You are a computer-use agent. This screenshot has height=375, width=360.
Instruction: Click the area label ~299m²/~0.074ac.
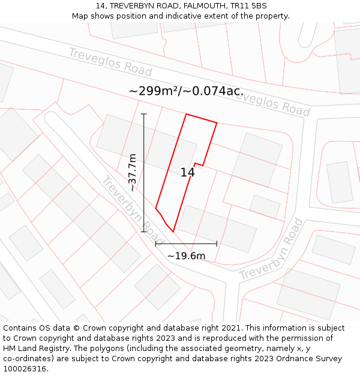[x=186, y=91]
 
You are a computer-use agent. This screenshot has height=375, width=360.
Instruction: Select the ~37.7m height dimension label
[x=133, y=173]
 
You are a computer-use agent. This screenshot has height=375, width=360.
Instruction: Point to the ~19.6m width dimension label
[x=186, y=256]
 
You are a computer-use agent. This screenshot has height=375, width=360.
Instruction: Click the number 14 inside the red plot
[x=187, y=173]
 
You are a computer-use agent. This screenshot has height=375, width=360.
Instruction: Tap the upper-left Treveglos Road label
[x=110, y=62]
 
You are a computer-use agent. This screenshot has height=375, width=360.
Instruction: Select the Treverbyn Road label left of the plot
[x=132, y=207]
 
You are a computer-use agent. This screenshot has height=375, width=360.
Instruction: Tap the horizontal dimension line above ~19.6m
[x=186, y=244]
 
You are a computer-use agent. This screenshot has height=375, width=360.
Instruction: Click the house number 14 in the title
[x=100, y=6]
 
